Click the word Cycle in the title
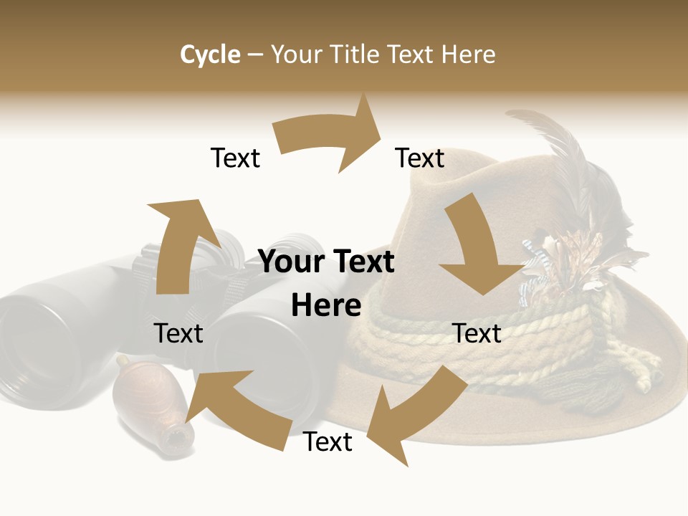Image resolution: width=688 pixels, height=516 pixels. click(210, 54)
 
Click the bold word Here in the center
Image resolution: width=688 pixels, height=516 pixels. click(326, 306)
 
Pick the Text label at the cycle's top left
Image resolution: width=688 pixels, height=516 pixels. click(235, 158)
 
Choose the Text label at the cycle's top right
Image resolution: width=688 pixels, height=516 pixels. click(420, 158)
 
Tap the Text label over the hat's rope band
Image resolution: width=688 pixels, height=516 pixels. click(477, 333)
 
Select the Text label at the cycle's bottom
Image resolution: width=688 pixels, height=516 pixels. click(328, 441)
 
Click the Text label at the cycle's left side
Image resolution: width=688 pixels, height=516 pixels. click(178, 333)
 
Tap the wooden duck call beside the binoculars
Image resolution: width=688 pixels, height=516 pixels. click(154, 405)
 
